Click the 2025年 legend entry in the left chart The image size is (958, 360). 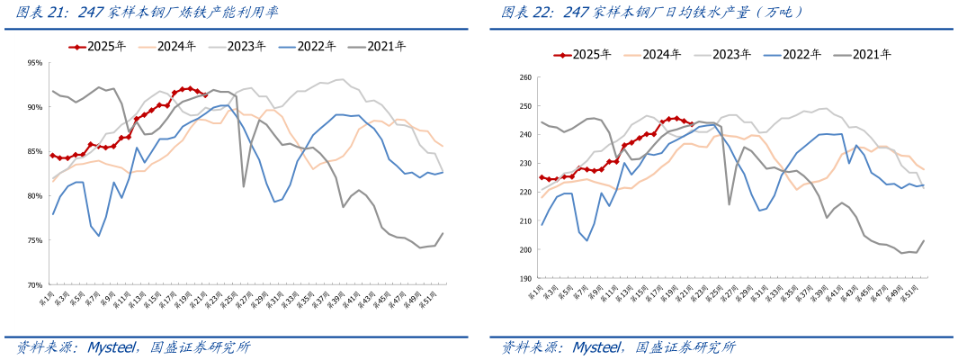click(x=99, y=47)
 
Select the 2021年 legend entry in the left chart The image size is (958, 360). click(x=381, y=47)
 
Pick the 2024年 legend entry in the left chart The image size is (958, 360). click(x=170, y=47)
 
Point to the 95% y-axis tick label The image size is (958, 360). click(x=35, y=63)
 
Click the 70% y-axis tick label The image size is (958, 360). click(x=35, y=284)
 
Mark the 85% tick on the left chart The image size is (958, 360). click(x=35, y=151)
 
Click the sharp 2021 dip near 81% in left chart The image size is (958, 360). click(x=244, y=186)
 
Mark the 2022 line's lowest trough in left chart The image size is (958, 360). click(x=99, y=236)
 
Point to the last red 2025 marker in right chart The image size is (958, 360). click(x=690, y=125)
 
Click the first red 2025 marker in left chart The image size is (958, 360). click(x=53, y=155)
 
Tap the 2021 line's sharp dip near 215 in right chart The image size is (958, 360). click(x=729, y=204)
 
